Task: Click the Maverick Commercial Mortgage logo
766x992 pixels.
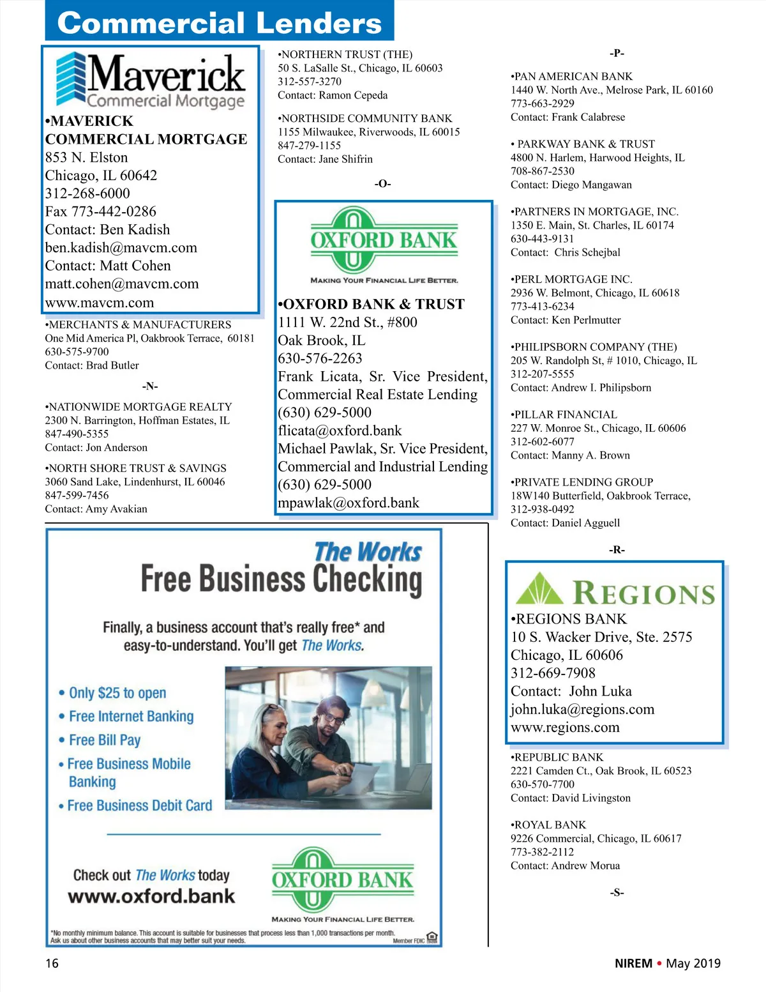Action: coord(151,79)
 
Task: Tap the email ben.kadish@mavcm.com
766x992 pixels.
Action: coord(121,248)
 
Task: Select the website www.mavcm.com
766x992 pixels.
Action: coord(100,303)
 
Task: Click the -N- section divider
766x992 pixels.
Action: coord(150,386)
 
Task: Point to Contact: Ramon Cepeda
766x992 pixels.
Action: coord(333,96)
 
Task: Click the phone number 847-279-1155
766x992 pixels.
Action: coord(310,146)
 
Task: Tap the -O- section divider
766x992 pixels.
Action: coord(382,184)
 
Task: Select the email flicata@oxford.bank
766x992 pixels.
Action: coord(340,431)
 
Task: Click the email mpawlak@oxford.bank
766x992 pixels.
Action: coord(349,503)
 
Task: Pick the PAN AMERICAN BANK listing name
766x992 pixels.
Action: coord(572,77)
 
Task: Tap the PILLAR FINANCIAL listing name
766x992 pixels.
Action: coord(564,415)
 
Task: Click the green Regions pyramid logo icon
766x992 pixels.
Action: coord(539,589)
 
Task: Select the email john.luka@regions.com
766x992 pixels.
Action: coord(582,710)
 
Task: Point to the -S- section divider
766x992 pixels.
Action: coord(617,893)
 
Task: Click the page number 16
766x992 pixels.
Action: coord(52,963)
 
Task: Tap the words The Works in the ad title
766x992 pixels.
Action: coord(368,552)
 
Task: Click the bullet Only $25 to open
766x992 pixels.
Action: coord(117,693)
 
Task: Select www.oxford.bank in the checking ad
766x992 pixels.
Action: coord(152,896)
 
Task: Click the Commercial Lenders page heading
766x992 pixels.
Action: coord(220,23)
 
